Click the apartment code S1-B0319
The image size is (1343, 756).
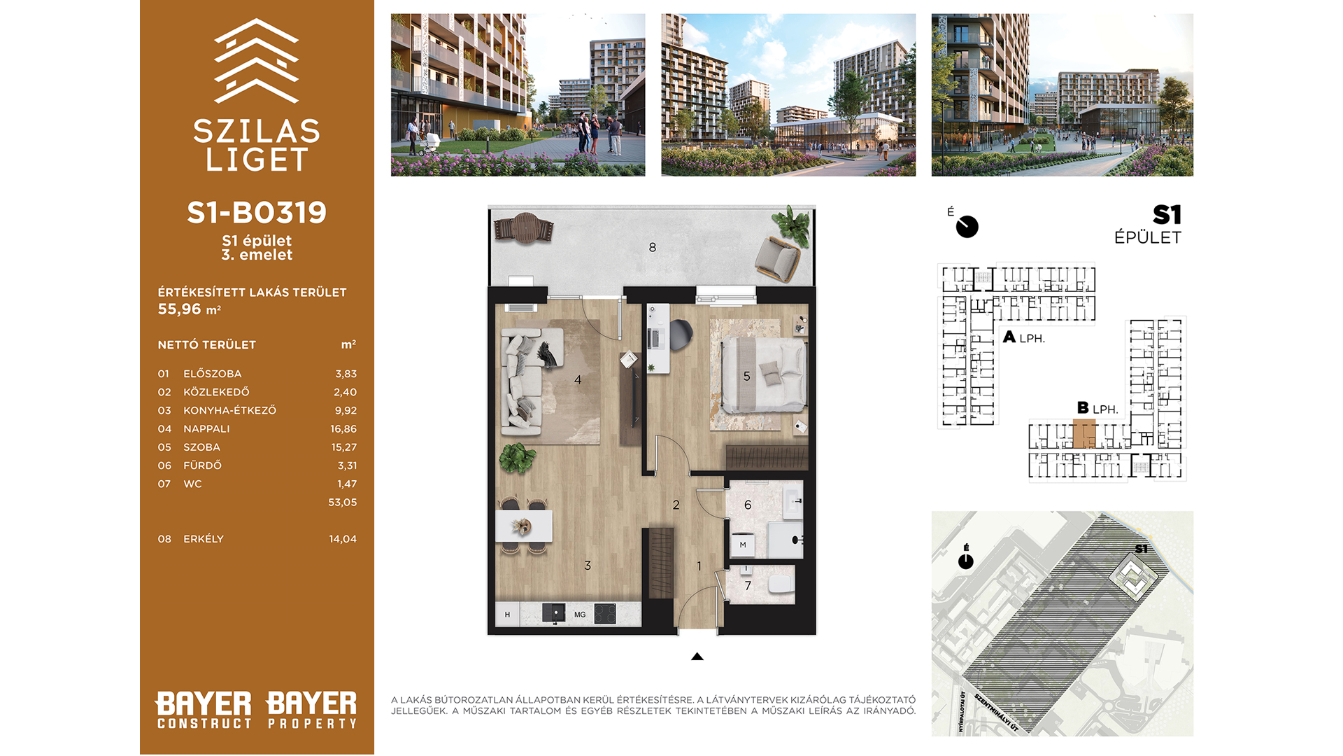click(x=257, y=213)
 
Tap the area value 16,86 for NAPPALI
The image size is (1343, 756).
click(x=343, y=428)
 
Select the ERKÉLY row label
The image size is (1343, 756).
click(x=204, y=538)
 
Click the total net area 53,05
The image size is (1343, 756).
click(x=343, y=502)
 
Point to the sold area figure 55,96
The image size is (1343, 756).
click(x=180, y=309)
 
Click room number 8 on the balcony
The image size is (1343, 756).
click(x=653, y=247)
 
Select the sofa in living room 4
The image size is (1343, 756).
click(x=525, y=378)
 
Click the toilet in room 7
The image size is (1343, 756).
click(x=779, y=583)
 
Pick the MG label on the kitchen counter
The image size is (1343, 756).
click(x=580, y=615)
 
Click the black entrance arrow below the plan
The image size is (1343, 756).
click(x=697, y=657)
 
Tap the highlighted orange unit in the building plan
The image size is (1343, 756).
click(x=1084, y=434)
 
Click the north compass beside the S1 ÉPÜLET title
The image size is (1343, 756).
click(x=967, y=226)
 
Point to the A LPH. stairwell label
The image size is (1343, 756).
click(x=1024, y=337)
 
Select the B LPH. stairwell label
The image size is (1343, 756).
click(x=1097, y=408)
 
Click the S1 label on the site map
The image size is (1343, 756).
click(x=1142, y=549)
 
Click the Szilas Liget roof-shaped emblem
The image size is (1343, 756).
click(x=257, y=61)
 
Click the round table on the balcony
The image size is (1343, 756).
click(x=525, y=228)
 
